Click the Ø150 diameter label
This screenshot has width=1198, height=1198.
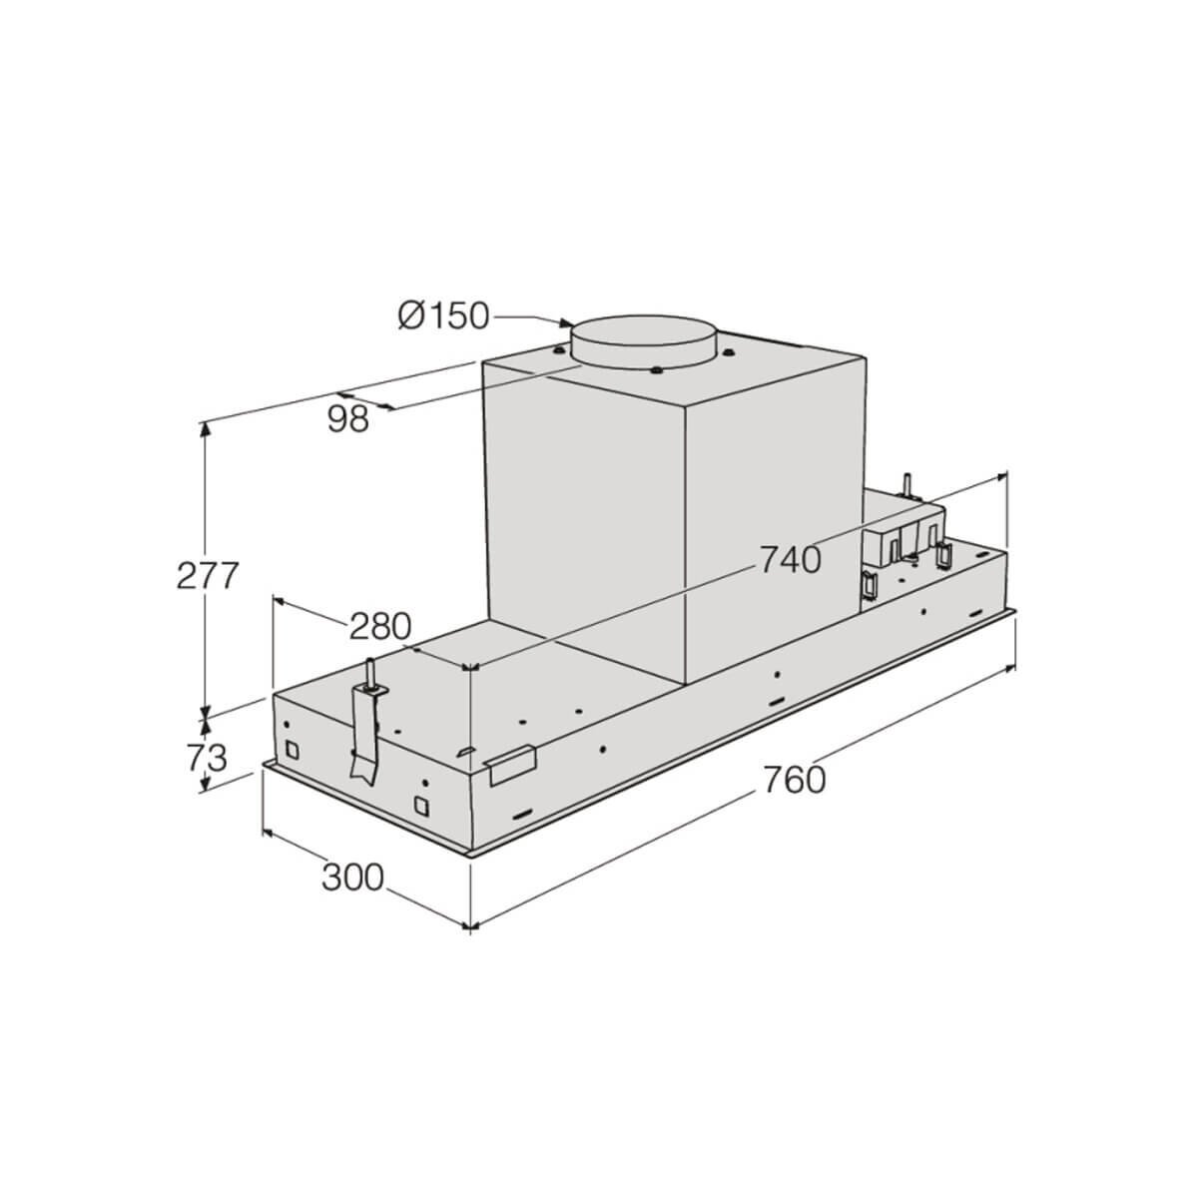click(443, 315)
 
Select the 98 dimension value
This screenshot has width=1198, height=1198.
click(348, 419)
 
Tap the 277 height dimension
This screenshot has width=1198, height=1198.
click(208, 575)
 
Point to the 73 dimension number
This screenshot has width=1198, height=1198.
click(207, 757)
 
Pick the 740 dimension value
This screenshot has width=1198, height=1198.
click(791, 559)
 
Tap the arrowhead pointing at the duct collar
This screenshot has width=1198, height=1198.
click(565, 322)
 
